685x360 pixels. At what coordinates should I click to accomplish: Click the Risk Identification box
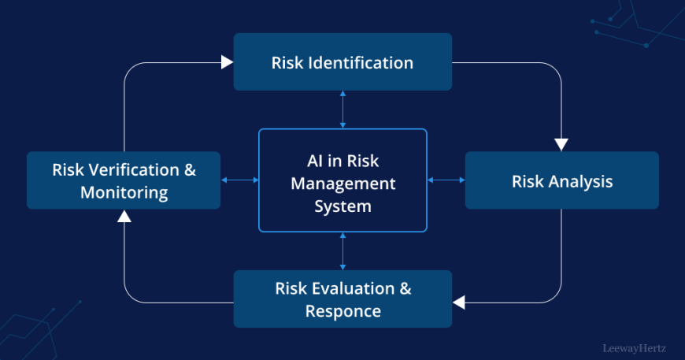click(x=342, y=61)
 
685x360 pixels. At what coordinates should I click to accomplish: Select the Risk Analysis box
click(x=562, y=180)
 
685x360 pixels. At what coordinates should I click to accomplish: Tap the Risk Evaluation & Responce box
click(x=342, y=299)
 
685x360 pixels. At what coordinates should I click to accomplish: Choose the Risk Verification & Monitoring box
click(x=124, y=180)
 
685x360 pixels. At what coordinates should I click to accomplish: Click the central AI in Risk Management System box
click(x=342, y=180)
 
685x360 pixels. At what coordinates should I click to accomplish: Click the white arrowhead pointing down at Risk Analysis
click(x=561, y=145)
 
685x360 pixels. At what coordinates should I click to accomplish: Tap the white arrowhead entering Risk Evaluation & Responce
click(x=459, y=302)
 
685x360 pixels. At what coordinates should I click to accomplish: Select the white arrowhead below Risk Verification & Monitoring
click(x=124, y=216)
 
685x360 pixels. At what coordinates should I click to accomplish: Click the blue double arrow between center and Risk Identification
click(x=342, y=109)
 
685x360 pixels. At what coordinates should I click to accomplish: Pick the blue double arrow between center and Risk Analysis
click(x=446, y=180)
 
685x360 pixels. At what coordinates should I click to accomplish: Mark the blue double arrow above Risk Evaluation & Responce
click(x=342, y=251)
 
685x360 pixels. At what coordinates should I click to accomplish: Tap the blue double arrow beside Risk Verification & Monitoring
click(x=239, y=180)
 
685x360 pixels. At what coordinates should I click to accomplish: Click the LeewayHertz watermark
click(x=635, y=348)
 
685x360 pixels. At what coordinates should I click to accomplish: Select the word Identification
click(x=361, y=62)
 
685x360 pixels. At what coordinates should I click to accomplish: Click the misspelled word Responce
click(x=343, y=311)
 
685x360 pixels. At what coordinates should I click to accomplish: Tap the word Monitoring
click(x=124, y=193)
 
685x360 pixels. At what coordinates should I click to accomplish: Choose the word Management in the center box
click(x=343, y=184)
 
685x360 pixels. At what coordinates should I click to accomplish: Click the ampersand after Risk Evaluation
click(x=405, y=289)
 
